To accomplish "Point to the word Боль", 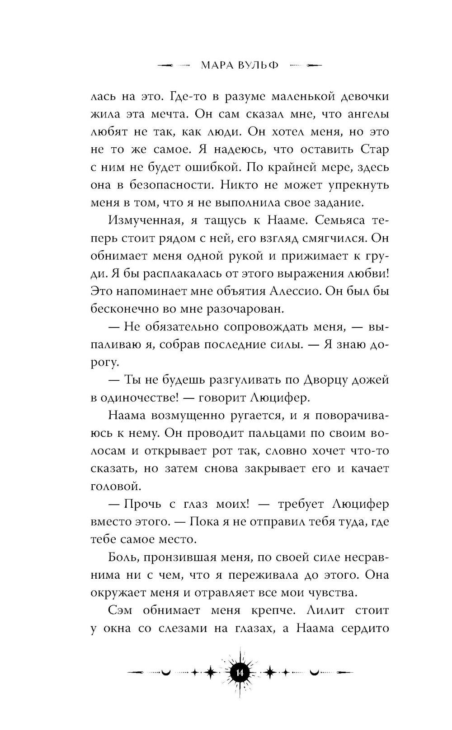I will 122,557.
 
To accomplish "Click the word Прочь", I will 144,504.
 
